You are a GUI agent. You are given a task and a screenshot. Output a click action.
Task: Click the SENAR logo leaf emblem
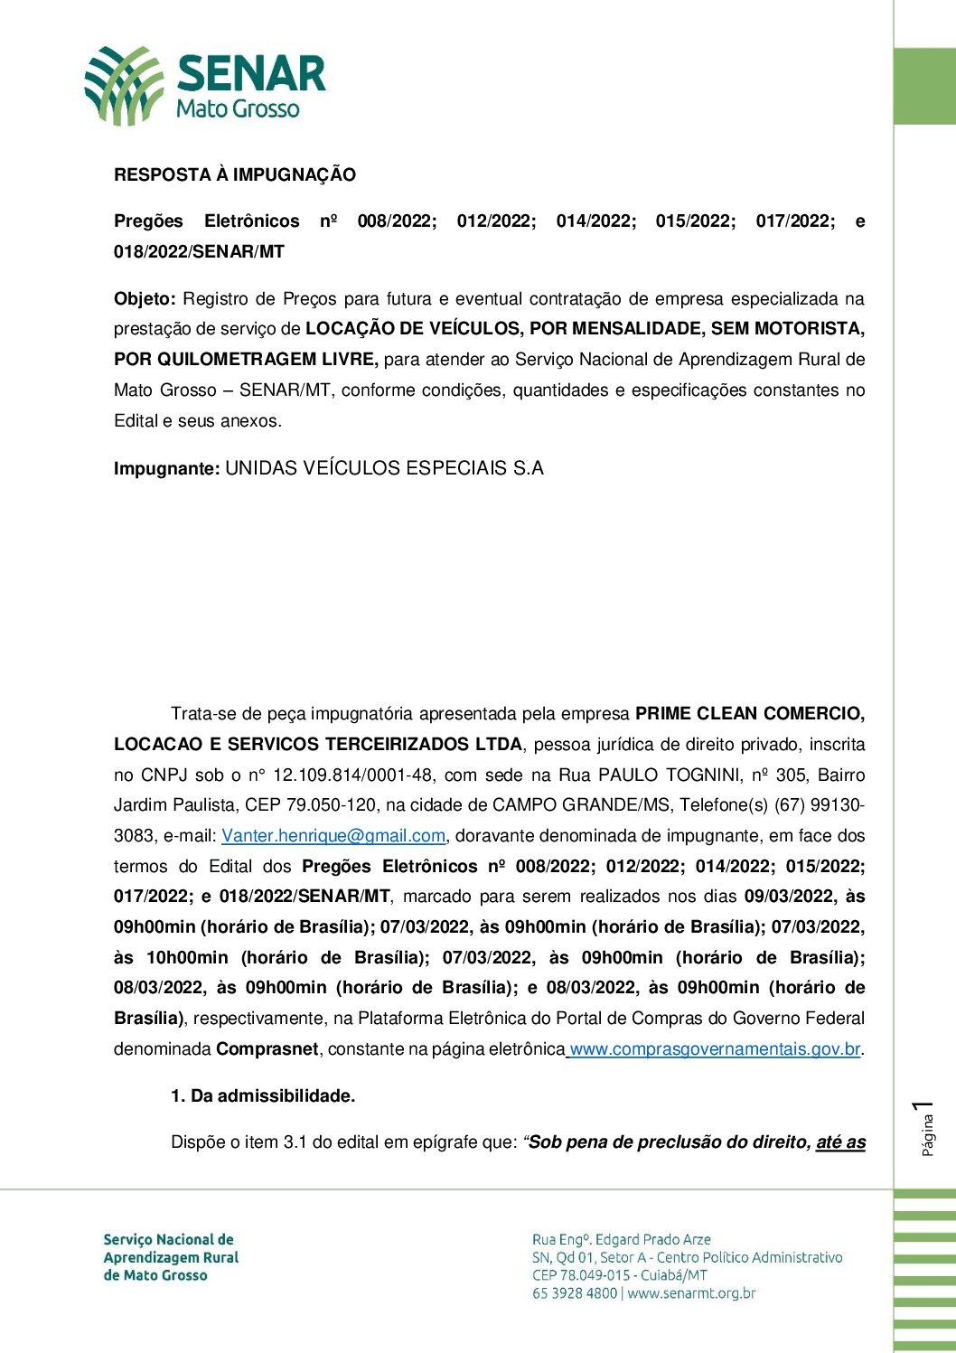[x=123, y=85]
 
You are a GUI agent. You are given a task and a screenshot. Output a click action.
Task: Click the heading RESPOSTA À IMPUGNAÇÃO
[x=235, y=175]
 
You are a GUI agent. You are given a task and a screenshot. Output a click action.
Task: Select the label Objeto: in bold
[x=145, y=299]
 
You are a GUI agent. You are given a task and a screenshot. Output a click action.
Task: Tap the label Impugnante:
[x=166, y=469]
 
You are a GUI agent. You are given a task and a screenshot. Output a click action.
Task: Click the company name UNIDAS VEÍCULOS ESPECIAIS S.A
[x=384, y=468]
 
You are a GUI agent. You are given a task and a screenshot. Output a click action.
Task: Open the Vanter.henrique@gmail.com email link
[x=333, y=836]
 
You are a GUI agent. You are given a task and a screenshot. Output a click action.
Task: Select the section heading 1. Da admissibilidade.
[x=263, y=1096]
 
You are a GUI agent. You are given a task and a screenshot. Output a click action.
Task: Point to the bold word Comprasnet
[x=267, y=1049]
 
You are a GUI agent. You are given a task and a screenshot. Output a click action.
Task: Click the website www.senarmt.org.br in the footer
[x=691, y=1293]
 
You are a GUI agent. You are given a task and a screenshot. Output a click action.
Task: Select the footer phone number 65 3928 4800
[x=574, y=1293]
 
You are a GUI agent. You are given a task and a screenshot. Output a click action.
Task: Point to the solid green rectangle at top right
[x=924, y=86]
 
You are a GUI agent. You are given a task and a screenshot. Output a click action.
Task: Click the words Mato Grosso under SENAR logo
[x=238, y=109]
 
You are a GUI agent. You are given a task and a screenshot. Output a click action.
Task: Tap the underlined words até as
[x=840, y=1142]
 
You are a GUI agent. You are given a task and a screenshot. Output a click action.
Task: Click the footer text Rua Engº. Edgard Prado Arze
[x=621, y=1239]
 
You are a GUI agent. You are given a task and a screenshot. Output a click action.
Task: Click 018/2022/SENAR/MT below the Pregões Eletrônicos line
[x=199, y=252]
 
